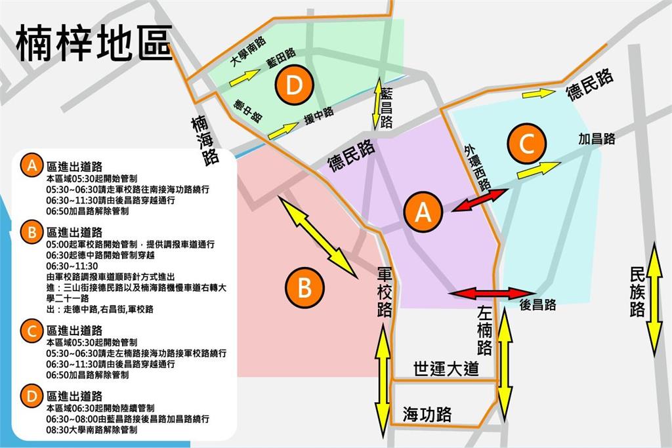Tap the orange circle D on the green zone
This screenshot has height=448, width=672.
coord(294,85)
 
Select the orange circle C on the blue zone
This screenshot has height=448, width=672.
coord(528,144)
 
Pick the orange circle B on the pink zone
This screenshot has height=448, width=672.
coord(304,287)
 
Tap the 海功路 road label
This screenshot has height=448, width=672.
coord(427,414)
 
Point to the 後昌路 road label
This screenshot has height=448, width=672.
coord(537,305)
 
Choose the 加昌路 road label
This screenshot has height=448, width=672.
coord(597,139)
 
